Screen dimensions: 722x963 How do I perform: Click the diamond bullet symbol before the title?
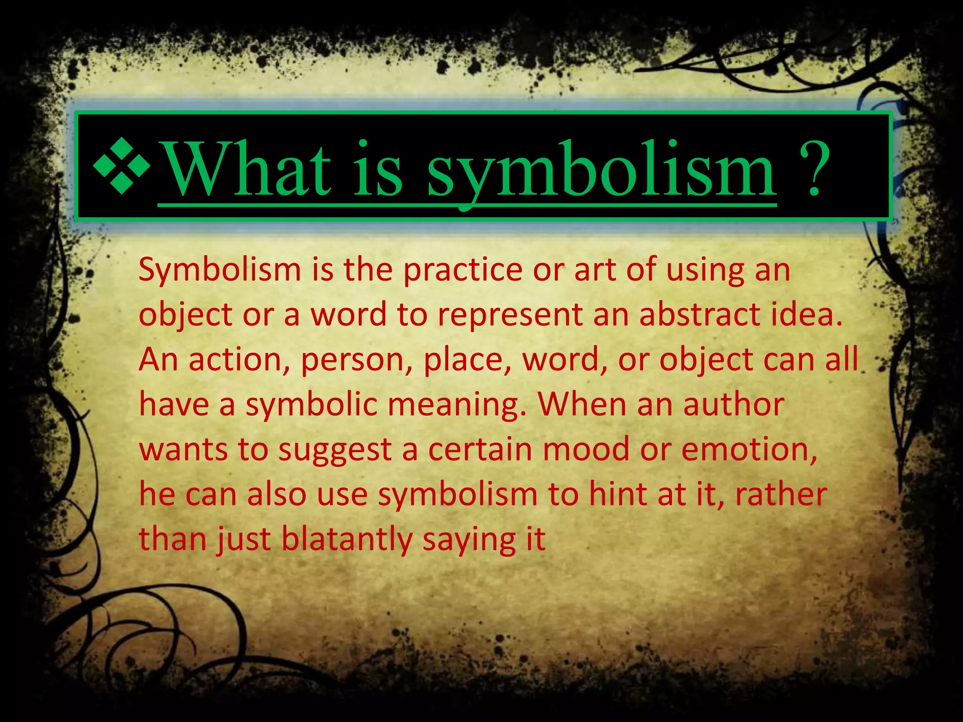[122, 166]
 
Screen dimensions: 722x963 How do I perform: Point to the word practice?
[463, 270]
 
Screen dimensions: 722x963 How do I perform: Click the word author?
[734, 405]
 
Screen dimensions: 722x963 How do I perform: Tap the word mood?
[586, 449]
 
